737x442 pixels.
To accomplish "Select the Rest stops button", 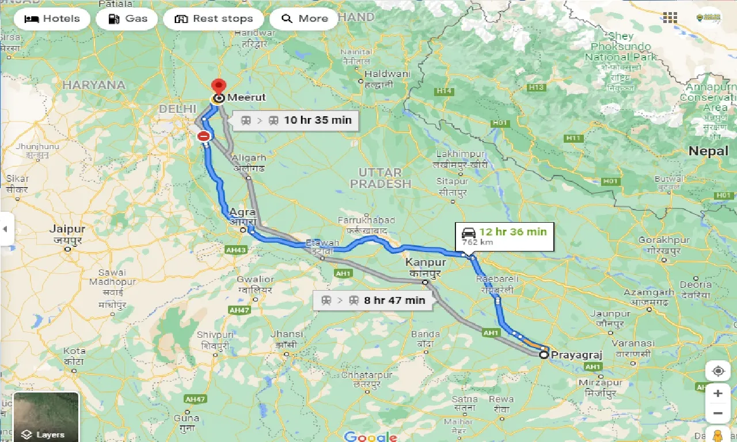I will coord(213,18).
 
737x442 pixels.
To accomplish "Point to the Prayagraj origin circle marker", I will coord(544,355).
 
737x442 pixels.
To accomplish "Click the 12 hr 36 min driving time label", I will coord(504,236).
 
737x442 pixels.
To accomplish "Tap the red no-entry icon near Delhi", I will coord(204,136).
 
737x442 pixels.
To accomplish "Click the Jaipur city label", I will coord(67,229).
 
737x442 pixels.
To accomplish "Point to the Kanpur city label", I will coord(425,262).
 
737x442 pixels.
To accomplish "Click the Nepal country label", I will coord(708,151).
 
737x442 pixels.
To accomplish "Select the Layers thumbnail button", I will coord(46,417).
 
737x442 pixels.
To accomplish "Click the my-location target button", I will coord(717,371).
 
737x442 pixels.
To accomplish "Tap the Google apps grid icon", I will coord(670,18).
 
